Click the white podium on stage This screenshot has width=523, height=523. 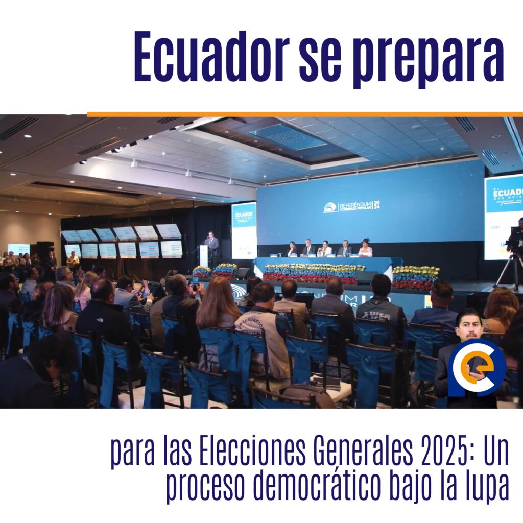[204, 255]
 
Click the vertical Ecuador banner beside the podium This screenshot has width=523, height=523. [244, 230]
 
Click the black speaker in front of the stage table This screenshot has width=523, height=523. [366, 278]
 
